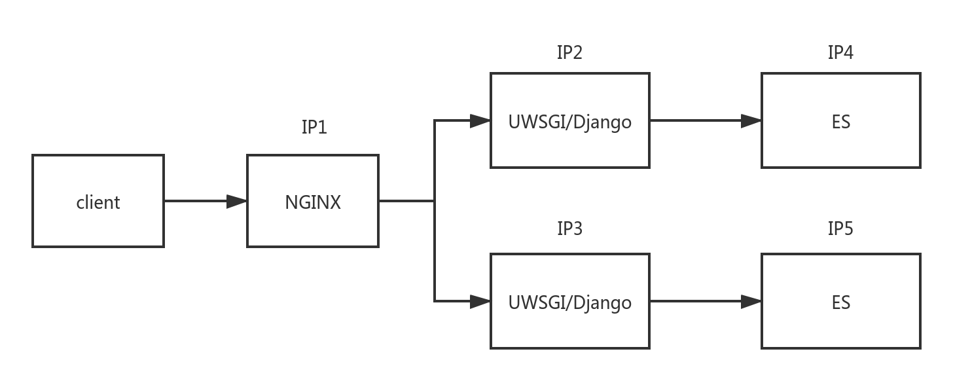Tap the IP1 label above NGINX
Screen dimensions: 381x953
click(x=314, y=126)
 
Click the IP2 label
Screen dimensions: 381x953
click(x=569, y=52)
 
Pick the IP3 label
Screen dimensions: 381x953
click(x=569, y=227)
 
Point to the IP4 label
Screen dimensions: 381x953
click(x=840, y=52)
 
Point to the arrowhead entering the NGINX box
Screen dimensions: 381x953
click(x=237, y=202)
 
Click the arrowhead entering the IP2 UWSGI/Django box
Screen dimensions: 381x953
click(x=481, y=121)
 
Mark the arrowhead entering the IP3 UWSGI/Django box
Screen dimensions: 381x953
click(x=481, y=302)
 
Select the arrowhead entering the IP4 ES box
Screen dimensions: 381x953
click(x=751, y=121)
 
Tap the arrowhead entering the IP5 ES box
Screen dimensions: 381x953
click(x=751, y=302)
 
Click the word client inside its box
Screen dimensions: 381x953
click(x=98, y=202)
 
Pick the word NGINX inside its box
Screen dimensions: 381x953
click(x=313, y=202)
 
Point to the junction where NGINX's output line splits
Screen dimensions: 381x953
click(x=434, y=202)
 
